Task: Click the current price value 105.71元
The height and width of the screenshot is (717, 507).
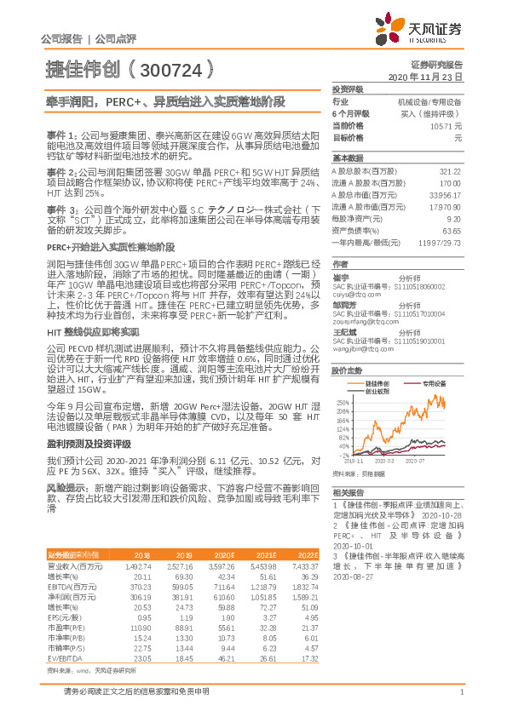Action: pos(446,125)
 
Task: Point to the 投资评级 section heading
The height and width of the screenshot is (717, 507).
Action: pos(348,89)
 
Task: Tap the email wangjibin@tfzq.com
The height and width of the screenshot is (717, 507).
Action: pos(360,348)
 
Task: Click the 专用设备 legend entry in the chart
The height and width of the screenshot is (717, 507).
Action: pos(435,383)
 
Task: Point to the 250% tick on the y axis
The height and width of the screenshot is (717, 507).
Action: pos(342,401)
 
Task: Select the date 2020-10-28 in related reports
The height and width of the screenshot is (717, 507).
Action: pos(440,515)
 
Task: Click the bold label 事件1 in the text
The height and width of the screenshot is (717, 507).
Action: pos(61,135)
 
